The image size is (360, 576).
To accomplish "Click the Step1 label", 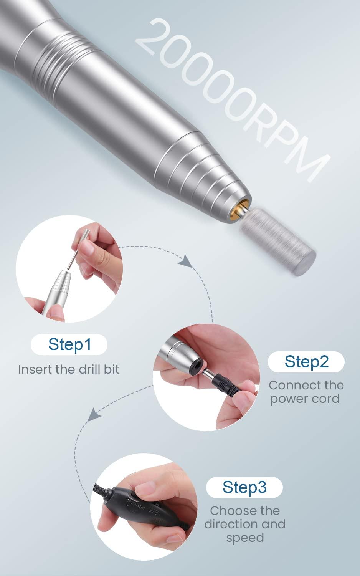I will pos(69,344).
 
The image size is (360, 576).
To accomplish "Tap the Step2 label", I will pos(306,362).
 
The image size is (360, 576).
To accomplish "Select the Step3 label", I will pos(244,487).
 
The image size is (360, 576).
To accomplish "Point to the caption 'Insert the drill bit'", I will pos(69,369).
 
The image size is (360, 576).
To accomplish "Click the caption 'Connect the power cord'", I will pos(306,392).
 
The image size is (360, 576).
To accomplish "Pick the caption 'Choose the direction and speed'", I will pos(244,524).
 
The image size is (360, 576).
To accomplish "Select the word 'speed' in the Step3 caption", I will pos(244,537).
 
